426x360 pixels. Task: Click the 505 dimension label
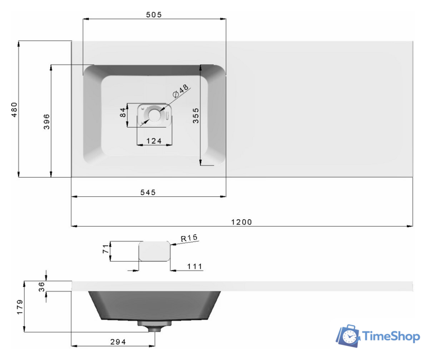click(154, 15)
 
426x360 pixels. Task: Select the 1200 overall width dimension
click(241, 222)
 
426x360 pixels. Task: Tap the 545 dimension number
click(148, 192)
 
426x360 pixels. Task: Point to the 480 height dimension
click(14, 110)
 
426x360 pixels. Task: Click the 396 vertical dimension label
click(47, 121)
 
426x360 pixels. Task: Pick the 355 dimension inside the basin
click(196, 116)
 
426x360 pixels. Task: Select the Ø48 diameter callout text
click(181, 91)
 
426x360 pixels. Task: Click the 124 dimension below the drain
click(154, 141)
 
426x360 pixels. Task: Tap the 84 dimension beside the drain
click(123, 112)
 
